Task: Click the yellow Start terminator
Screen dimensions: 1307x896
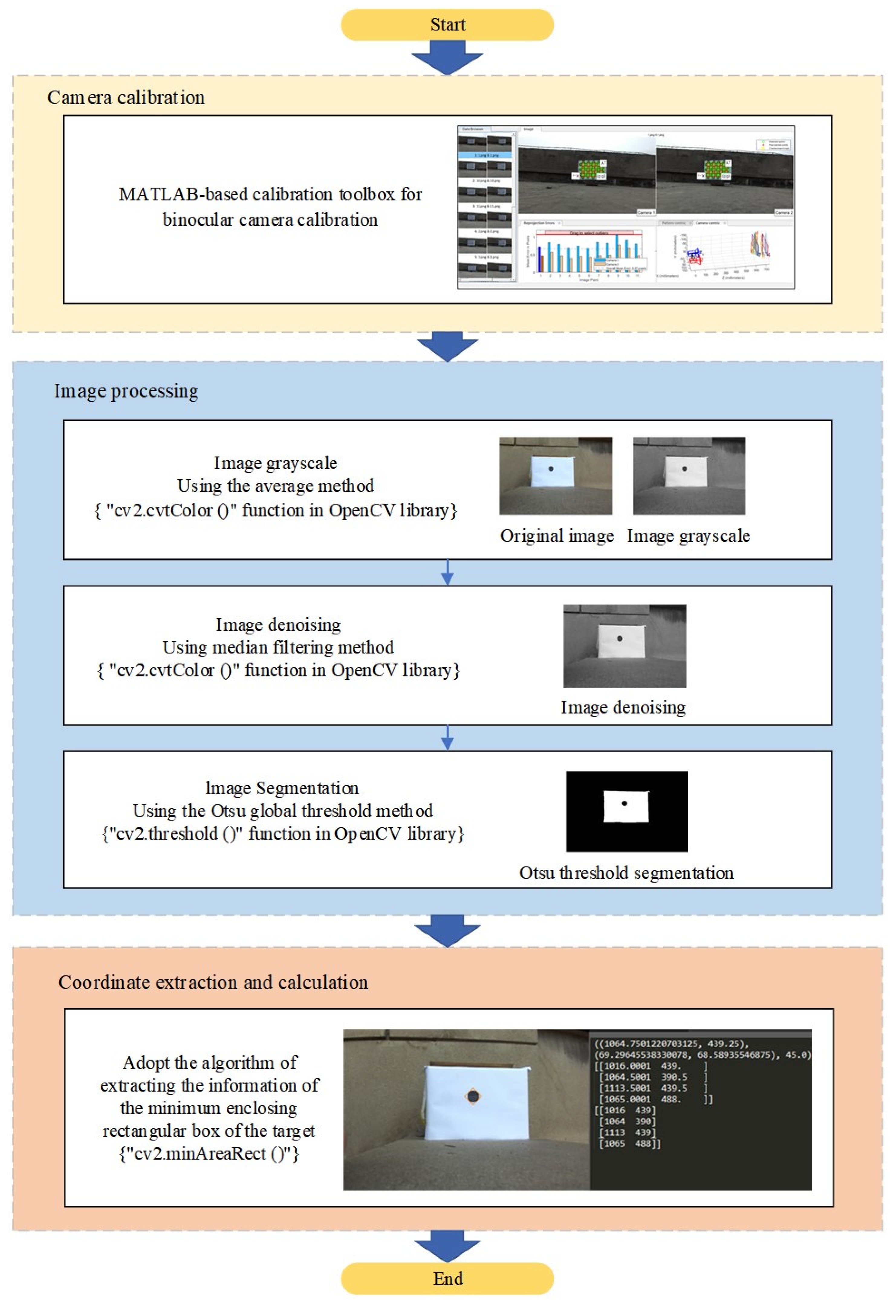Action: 447,25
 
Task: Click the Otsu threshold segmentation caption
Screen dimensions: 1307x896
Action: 626,873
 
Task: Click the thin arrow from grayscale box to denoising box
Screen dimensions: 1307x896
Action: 447,573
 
